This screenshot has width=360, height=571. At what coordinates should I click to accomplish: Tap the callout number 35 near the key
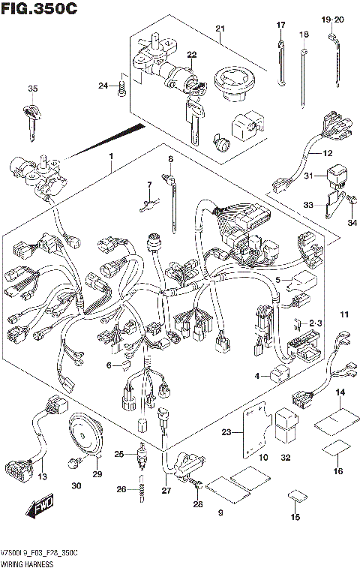pos(32,89)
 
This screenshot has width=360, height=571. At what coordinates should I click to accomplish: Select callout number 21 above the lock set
pos(220,29)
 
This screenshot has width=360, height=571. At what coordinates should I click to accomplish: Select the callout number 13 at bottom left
pos(42,477)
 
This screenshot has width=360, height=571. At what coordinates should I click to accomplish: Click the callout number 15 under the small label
pos(295,517)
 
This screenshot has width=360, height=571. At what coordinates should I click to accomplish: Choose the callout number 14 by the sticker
pos(340,393)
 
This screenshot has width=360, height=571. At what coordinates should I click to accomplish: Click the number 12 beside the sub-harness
pos(327,153)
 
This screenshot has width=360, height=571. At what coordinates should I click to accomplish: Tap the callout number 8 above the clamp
pos(170,159)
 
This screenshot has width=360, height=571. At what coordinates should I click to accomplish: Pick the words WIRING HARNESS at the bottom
pos(28,561)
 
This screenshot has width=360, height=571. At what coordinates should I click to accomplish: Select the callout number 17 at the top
pos(281,26)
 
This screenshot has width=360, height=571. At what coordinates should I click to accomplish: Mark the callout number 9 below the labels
pos(220,513)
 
